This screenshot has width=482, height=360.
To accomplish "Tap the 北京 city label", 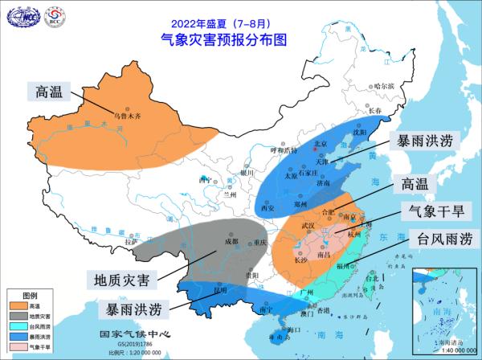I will point(321,144).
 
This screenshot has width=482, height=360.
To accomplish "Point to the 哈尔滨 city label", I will point(386,85).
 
